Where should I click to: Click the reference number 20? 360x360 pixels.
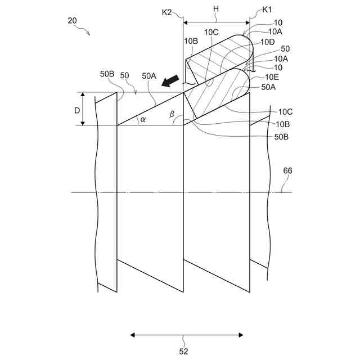(72, 21)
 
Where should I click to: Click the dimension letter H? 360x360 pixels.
(215, 10)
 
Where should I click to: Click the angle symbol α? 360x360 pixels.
(143, 119)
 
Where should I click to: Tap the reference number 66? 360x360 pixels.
(287, 170)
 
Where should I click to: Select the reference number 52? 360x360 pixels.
(183, 352)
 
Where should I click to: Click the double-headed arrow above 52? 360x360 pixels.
(187, 335)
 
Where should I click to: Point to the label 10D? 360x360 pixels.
(268, 42)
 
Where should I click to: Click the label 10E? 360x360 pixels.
(272, 77)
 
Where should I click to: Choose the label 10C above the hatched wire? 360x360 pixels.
(211, 32)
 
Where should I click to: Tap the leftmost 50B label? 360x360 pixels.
(107, 74)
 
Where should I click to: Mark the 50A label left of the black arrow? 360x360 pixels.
(149, 75)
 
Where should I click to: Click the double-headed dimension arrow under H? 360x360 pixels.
(217, 23)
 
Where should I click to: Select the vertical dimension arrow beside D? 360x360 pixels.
(83, 109)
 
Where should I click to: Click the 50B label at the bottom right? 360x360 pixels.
(282, 136)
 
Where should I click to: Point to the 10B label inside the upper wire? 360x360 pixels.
(191, 41)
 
